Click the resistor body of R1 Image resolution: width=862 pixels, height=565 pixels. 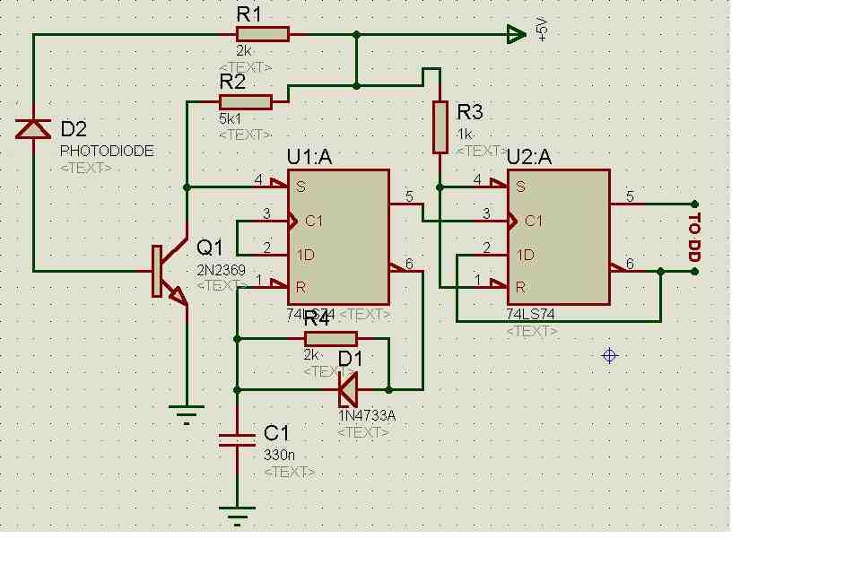[x=263, y=35]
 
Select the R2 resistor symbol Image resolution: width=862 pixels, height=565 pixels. [x=245, y=101]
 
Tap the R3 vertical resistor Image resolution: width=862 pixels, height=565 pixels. [x=440, y=127]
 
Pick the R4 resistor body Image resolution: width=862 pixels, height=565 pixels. [x=331, y=338]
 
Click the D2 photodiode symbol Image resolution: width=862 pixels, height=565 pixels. [x=33, y=130]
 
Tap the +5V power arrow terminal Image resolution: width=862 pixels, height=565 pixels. [x=516, y=35]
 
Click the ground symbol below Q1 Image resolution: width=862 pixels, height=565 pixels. [x=187, y=413]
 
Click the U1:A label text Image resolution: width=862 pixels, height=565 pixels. [x=309, y=158]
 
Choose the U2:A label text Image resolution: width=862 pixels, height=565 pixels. [x=529, y=158]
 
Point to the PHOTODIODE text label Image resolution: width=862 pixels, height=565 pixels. [x=107, y=151]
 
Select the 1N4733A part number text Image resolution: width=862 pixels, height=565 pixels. [x=367, y=416]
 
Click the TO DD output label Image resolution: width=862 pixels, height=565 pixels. [x=693, y=237]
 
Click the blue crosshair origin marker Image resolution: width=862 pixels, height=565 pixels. [x=610, y=355]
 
